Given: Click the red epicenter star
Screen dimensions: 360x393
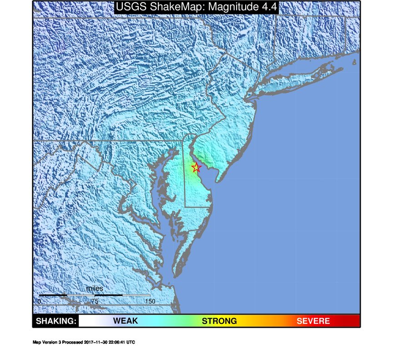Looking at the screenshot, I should pyautogui.click(x=196, y=168).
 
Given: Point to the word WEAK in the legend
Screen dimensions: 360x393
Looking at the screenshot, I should pyautogui.click(x=126, y=321).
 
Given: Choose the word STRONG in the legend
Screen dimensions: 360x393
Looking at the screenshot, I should pyautogui.click(x=219, y=321).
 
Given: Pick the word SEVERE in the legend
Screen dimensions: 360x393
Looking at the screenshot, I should pyautogui.click(x=313, y=321).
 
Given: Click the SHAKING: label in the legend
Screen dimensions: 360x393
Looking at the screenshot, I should pyautogui.click(x=55, y=321).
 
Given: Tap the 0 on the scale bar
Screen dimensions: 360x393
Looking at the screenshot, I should pyautogui.click(x=40, y=301).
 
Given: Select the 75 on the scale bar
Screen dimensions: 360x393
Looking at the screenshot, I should pyautogui.click(x=95, y=301).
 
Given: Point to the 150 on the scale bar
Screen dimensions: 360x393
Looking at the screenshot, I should pyautogui.click(x=150, y=301).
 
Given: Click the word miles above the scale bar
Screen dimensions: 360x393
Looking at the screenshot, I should pyautogui.click(x=95, y=289).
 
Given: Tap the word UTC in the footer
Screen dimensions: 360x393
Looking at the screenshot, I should pyautogui.click(x=131, y=342).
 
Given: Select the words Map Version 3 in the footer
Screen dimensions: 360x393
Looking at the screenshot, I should pyautogui.click(x=47, y=342).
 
